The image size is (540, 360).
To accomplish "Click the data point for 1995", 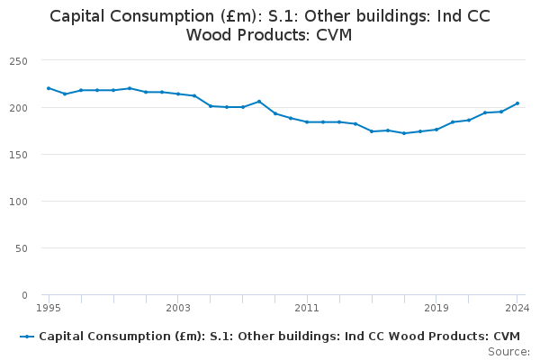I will (49, 88).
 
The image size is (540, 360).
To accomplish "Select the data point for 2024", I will (517, 103).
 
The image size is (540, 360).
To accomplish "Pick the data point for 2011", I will (307, 121).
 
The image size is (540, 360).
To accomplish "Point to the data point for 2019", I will (436, 130).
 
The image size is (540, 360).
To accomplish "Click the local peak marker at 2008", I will (259, 101).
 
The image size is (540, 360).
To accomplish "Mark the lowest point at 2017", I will (404, 133).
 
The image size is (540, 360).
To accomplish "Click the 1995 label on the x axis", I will (49, 308).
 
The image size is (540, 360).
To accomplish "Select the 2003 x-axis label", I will (178, 308).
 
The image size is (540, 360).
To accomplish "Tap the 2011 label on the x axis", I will (307, 308).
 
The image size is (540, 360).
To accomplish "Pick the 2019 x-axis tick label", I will (436, 308).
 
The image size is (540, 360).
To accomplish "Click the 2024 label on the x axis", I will (517, 308).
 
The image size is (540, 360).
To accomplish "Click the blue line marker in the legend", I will (27, 336).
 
